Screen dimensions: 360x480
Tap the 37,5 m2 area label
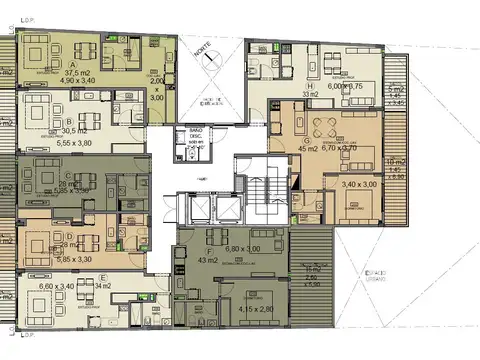78,73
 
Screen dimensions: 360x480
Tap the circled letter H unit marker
311,87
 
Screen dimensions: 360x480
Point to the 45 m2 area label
309,150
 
